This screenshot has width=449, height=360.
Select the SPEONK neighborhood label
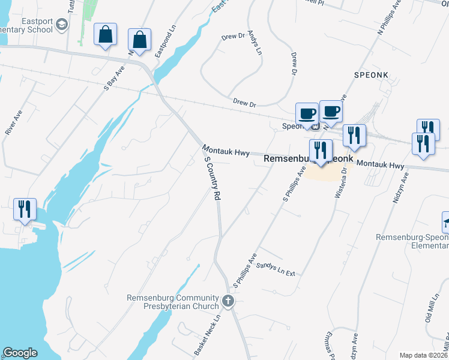[x=372, y=74]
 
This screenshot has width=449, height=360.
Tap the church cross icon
[x=228, y=301]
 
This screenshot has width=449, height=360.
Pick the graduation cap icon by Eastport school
[x=61, y=25]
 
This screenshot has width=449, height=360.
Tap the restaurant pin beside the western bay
[x=25, y=209]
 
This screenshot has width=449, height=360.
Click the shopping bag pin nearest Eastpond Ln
[x=139, y=40]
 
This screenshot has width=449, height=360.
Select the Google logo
[x=20, y=353]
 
